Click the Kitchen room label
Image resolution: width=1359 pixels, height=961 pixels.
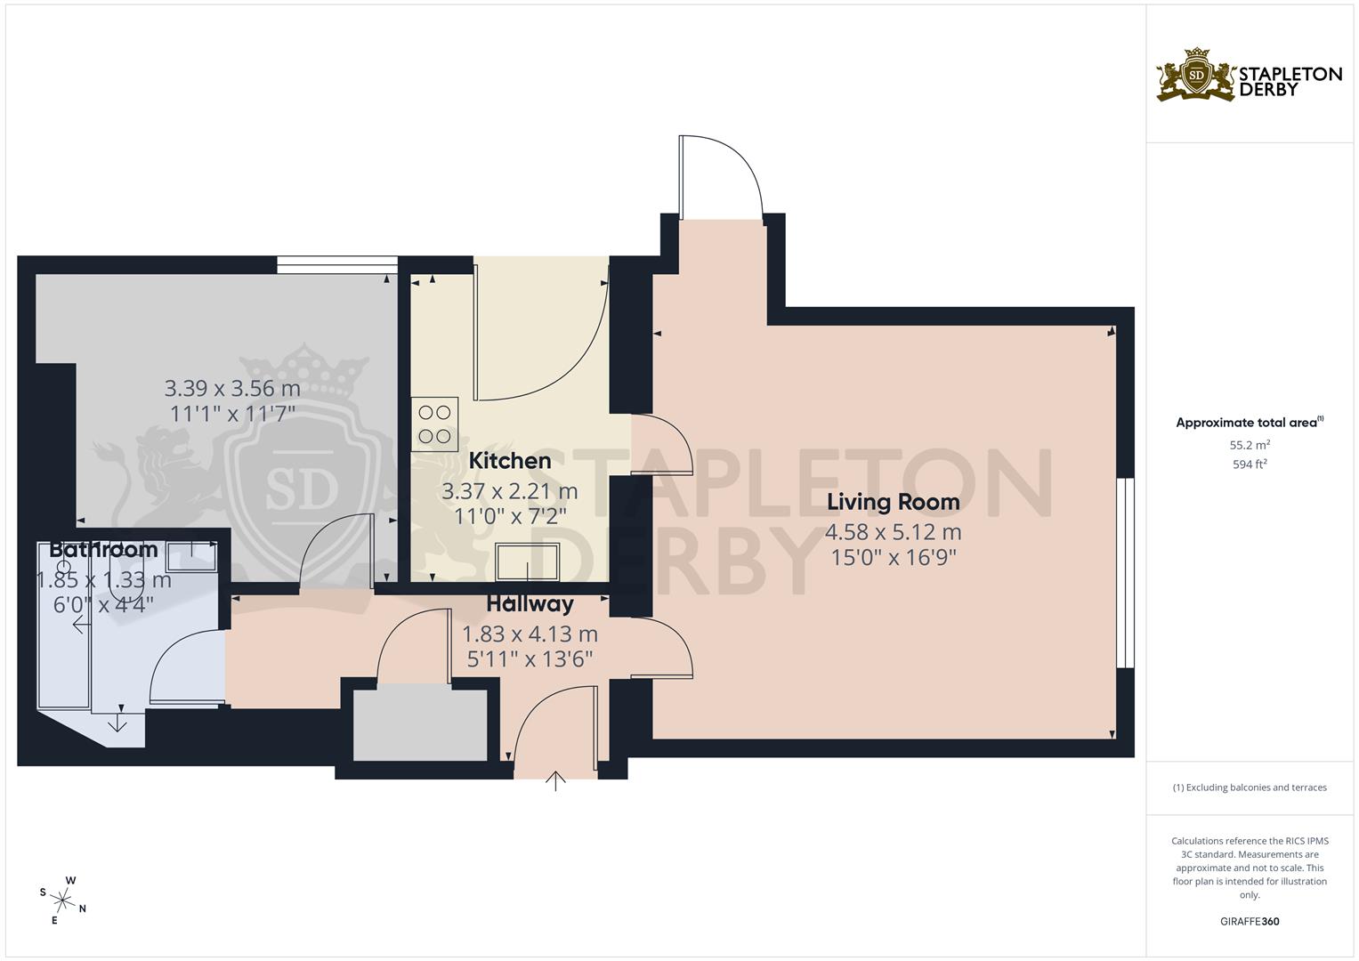click(510, 461)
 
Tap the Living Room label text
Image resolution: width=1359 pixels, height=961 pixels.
click(893, 502)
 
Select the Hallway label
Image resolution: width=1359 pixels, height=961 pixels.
click(530, 604)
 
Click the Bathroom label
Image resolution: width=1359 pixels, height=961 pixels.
click(103, 550)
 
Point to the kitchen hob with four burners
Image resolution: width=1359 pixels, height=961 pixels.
click(435, 424)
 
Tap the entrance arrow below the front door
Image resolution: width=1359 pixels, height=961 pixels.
click(556, 781)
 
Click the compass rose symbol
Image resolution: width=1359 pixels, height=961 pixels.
click(62, 900)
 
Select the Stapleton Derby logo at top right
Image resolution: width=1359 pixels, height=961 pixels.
click(1249, 76)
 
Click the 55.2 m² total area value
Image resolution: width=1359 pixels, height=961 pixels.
click(1249, 444)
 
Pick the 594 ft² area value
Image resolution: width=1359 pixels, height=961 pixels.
click(1249, 464)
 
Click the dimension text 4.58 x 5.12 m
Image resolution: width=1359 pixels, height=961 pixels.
click(893, 533)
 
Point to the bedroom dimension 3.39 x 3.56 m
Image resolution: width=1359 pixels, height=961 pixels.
click(232, 389)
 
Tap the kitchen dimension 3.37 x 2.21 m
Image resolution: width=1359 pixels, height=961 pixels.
click(510, 491)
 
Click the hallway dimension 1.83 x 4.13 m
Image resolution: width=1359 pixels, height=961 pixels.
click(530, 634)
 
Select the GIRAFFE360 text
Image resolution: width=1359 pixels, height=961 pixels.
click(1249, 922)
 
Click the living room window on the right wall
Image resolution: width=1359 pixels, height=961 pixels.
click(1126, 573)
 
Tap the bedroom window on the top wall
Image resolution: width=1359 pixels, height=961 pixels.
click(336, 264)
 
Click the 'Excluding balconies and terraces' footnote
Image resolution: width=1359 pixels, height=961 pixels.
click(1249, 787)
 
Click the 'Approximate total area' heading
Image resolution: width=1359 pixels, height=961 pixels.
click(1249, 423)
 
